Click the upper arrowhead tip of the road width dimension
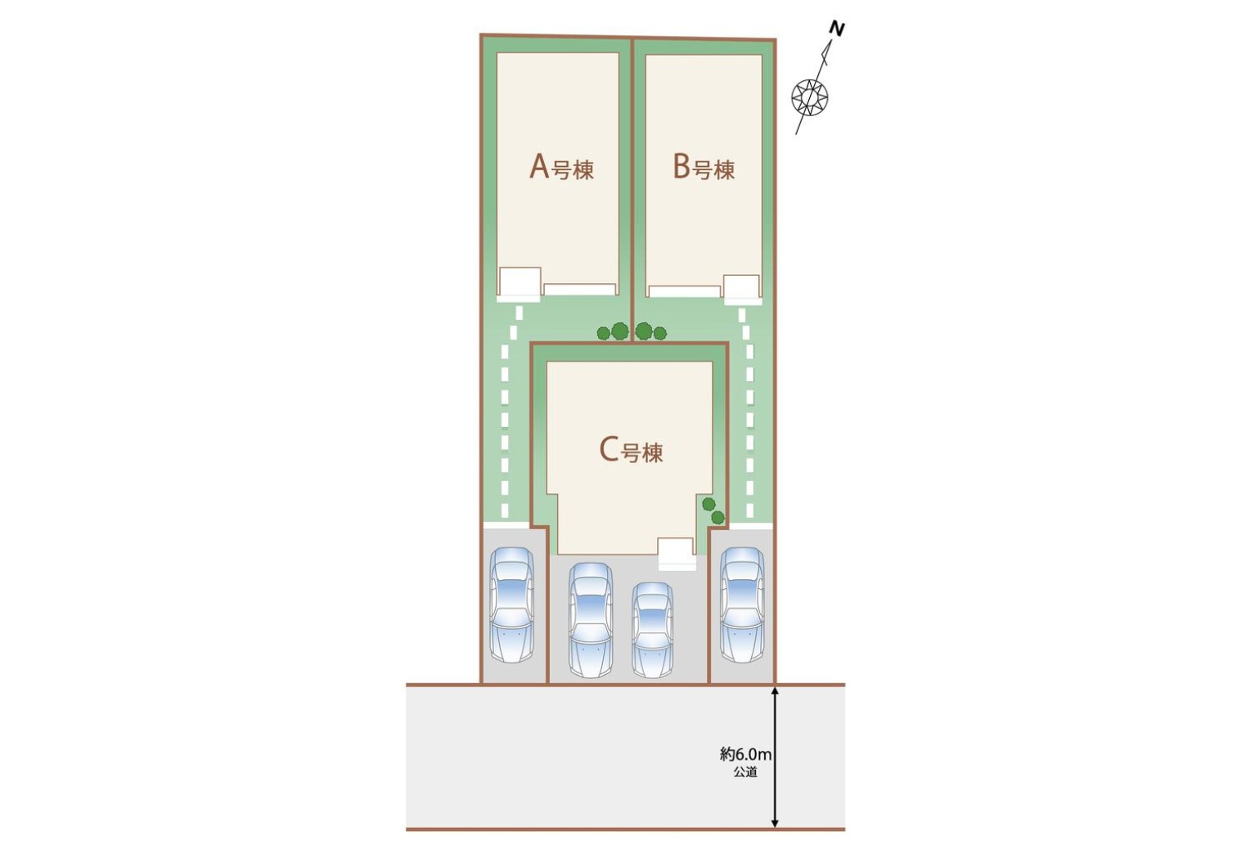pos(775,686)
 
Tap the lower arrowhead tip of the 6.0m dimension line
pos(775,828)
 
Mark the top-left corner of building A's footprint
pos(497,53)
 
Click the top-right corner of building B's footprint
pos(762,55)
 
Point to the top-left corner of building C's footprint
pos(547,362)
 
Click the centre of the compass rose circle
pos(810,97)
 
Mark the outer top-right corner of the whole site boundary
pos(776,39)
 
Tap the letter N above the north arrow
pos(837,29)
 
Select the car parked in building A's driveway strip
pos(512,605)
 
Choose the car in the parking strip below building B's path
pos(742,605)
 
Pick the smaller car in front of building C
pos(652,630)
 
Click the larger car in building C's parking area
pos(591,620)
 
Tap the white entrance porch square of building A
pos(520,284)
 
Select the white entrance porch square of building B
pos(742,289)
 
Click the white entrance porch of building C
pos(677,554)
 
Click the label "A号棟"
pos(562,167)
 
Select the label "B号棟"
pos(704,167)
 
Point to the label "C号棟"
pos(632,451)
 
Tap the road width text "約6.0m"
pos(745,755)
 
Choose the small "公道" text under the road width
pos(745,772)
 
